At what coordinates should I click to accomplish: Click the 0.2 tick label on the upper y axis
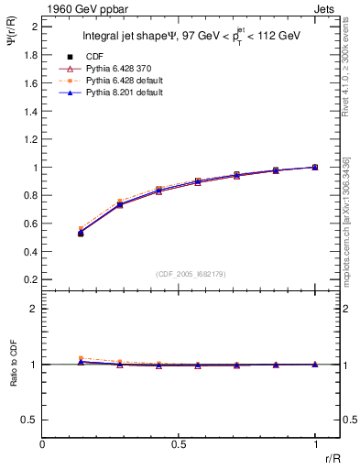coord(30,279)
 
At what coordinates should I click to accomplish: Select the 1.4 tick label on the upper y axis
coord(30,111)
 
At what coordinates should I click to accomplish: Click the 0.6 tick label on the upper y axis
coord(30,224)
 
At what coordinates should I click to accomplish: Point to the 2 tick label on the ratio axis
coord(34,310)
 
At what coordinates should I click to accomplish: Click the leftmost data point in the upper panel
coord(81,233)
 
